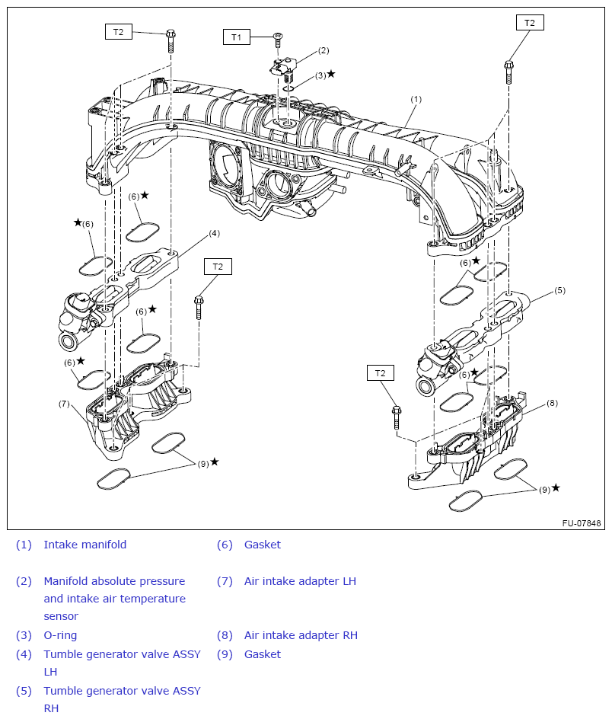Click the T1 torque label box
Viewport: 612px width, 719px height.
(x=236, y=37)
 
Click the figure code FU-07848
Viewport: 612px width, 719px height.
(x=582, y=523)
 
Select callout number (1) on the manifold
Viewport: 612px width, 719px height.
(x=416, y=99)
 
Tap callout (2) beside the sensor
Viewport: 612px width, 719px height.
(x=324, y=51)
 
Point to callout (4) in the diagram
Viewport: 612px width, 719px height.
(x=214, y=233)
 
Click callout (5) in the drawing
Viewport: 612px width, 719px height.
(x=559, y=290)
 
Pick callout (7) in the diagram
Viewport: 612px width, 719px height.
(x=64, y=403)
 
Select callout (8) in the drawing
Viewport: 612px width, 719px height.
(x=552, y=403)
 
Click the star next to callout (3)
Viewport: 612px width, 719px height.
(x=330, y=74)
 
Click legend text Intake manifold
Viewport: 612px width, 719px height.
(x=85, y=545)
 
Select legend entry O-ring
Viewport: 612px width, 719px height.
(x=60, y=635)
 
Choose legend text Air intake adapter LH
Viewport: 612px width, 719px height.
(x=300, y=581)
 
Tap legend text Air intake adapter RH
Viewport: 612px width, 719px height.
(x=301, y=635)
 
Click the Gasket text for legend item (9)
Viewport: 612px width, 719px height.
(x=262, y=654)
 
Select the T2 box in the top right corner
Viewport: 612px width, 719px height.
(x=530, y=23)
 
